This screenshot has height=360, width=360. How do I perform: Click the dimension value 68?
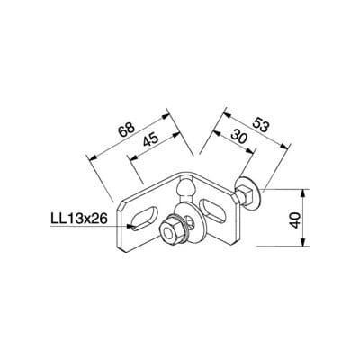pyautogui.click(x=126, y=130)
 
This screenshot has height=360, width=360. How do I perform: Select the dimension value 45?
pyautogui.click(x=150, y=139)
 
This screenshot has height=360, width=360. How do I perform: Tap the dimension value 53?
pyautogui.click(x=259, y=125)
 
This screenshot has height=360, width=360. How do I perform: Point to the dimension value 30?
pyautogui.click(x=239, y=138)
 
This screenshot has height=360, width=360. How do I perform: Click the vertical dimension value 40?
pyautogui.click(x=296, y=220)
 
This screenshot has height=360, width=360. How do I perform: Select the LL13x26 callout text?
pyautogui.click(x=79, y=219)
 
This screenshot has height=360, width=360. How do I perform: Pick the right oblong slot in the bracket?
pyautogui.click(x=212, y=211)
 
